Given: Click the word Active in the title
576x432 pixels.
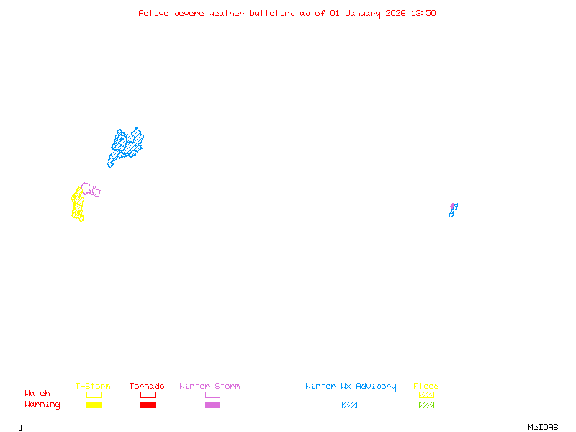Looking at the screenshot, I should coord(154,13).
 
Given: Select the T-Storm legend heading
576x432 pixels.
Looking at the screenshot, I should coord(93,386).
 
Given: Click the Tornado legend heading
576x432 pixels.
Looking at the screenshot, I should coord(147,386).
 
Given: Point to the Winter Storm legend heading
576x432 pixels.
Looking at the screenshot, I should coord(210,386).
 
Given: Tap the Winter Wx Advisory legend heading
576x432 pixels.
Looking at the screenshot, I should coord(351,386).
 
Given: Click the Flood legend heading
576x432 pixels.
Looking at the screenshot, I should coord(426,386).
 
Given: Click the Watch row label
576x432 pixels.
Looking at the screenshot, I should coord(37,394).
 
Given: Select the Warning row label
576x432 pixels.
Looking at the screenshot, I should coord(42,405).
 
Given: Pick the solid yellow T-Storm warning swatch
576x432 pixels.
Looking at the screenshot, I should coord(94,405).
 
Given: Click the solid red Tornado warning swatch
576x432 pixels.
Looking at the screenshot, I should coord(148,405).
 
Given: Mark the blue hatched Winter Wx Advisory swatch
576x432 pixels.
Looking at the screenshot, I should coord(349,405).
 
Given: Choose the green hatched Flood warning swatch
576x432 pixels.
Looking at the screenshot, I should coord(426,405).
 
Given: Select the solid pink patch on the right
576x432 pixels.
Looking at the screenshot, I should coord(453,206).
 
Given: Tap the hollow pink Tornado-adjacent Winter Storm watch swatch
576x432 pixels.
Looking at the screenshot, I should coord(212,395).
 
